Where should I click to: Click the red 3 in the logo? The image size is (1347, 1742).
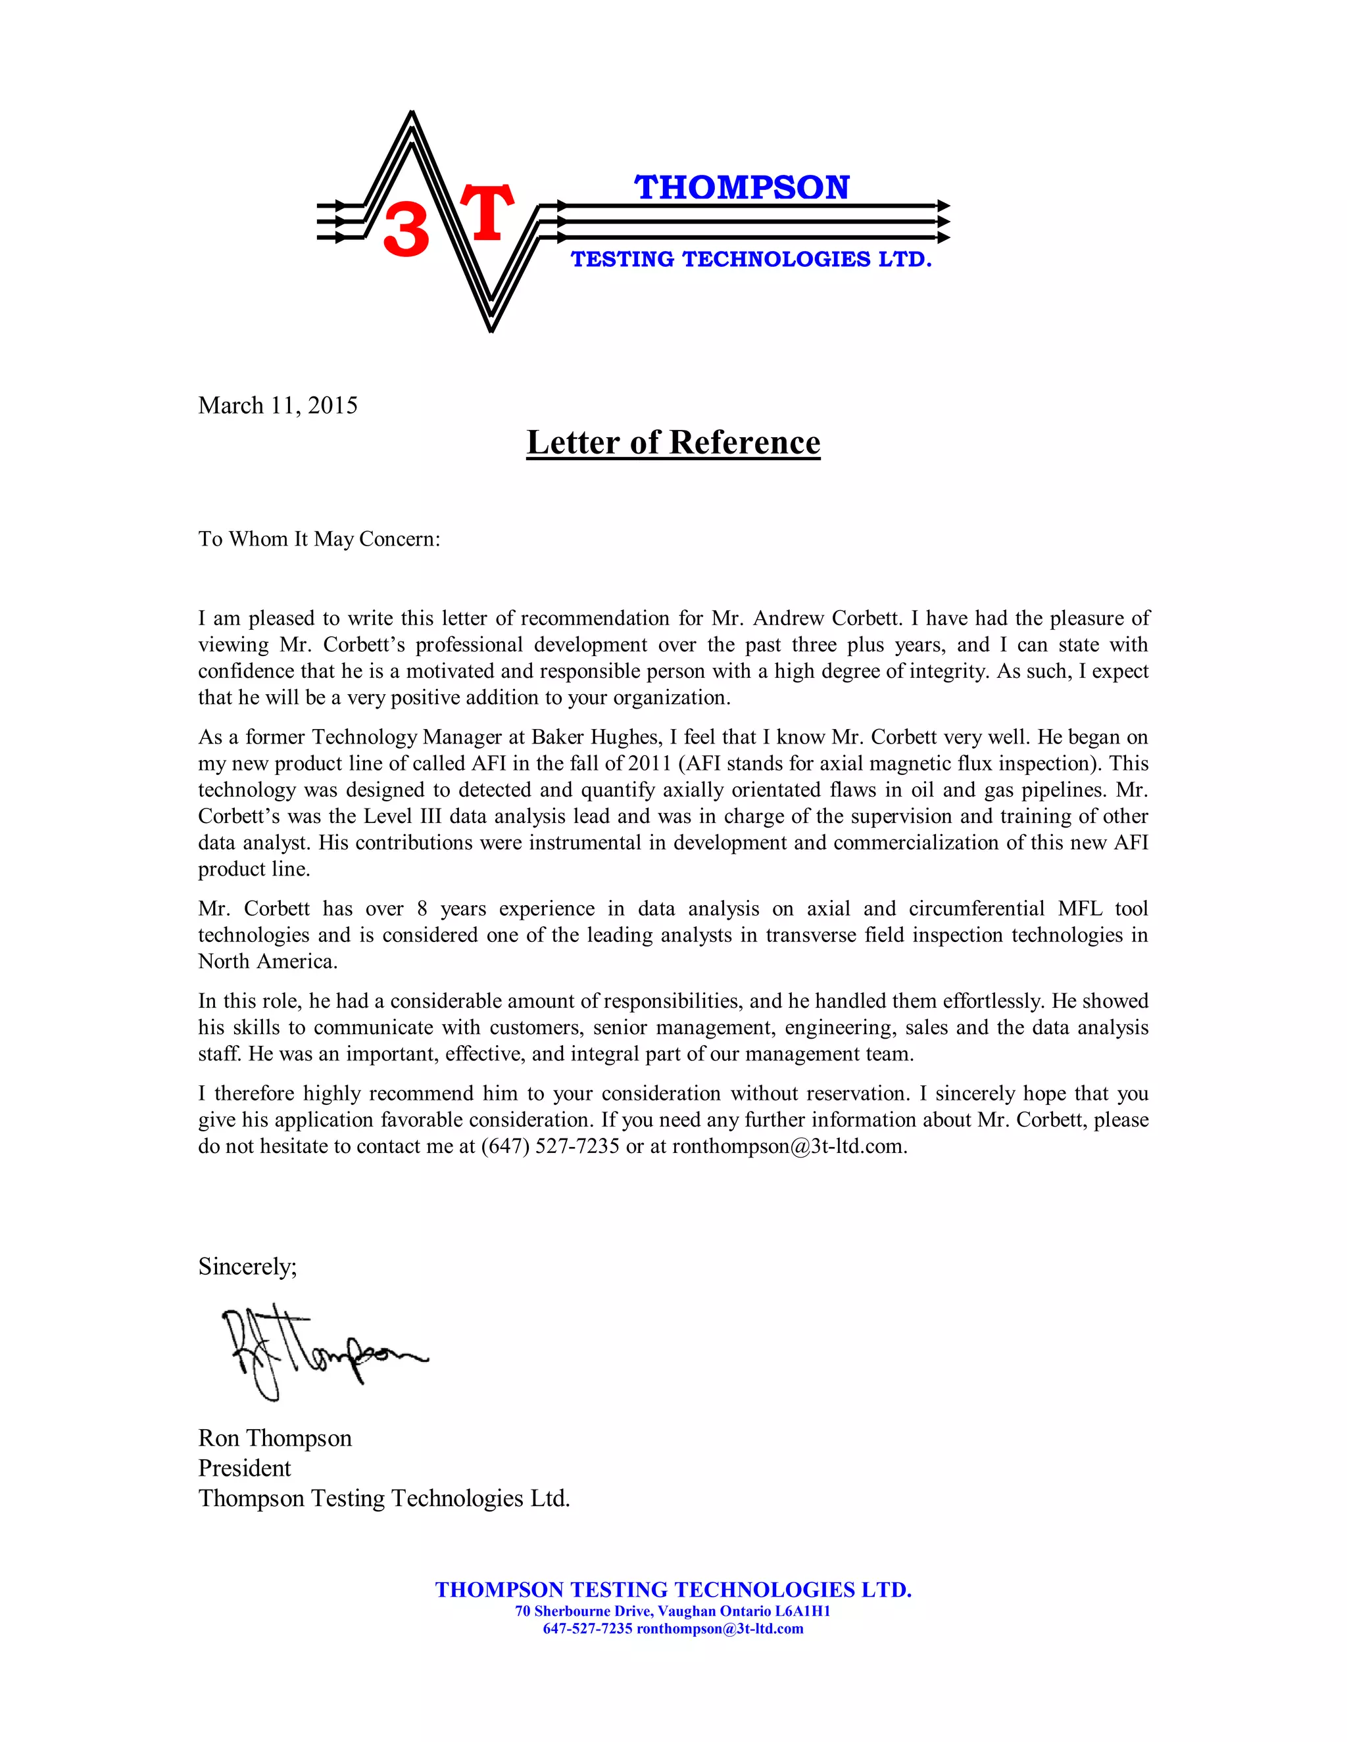[406, 229]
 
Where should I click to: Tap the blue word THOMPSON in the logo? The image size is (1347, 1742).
[742, 187]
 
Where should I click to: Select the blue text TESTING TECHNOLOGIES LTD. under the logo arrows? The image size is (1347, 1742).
[751, 259]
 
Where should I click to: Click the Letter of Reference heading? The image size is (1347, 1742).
[673, 442]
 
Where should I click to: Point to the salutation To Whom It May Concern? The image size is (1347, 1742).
[318, 539]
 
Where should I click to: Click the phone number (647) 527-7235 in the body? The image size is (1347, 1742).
[550, 1146]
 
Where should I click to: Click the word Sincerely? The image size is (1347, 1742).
[247, 1267]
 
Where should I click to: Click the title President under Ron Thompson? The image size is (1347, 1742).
[244, 1469]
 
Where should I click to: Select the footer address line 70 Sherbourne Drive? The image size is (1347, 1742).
[672, 1611]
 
